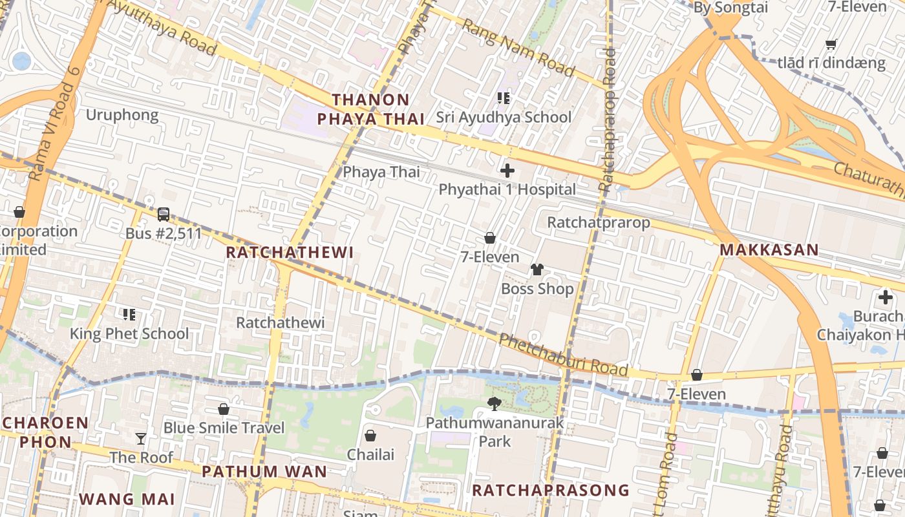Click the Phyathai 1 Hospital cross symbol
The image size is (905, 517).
507,171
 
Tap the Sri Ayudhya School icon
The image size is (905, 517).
504,98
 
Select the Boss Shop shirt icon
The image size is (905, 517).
537,269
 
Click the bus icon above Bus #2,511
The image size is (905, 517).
164,214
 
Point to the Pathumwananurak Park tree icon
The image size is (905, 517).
495,404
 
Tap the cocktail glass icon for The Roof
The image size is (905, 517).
141,439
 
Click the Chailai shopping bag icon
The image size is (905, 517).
370,436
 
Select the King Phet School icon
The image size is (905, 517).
129,315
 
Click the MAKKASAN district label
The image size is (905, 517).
769,249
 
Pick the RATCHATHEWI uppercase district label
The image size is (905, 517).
290,252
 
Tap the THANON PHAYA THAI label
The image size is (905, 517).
370,109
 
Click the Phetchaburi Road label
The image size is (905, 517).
563,354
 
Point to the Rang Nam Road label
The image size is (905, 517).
518,47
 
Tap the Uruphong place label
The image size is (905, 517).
122,115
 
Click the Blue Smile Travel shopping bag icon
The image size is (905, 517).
224,409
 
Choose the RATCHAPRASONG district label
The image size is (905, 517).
550,490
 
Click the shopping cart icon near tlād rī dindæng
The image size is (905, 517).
831,45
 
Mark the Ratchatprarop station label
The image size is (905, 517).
599,222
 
